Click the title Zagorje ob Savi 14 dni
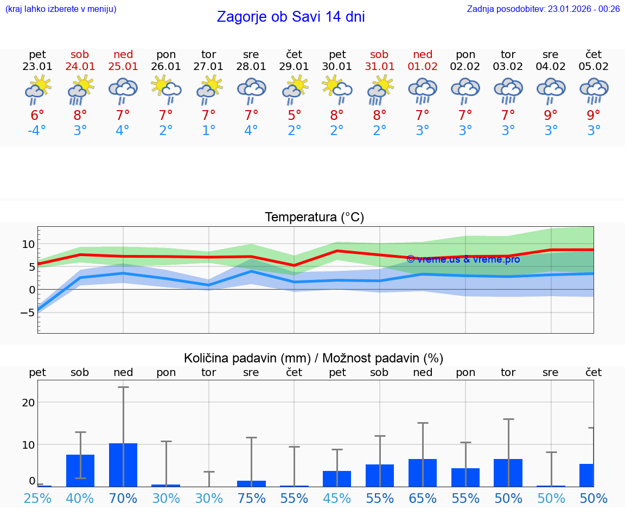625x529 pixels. (291, 17)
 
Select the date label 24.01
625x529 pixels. (80, 67)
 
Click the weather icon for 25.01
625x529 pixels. (123, 90)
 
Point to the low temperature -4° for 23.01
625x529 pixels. (37, 131)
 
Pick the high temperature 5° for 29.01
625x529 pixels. (295, 115)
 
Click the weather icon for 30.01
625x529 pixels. (337, 90)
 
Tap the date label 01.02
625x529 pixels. (423, 67)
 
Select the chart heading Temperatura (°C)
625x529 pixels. (314, 218)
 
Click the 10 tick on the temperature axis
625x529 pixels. (28, 244)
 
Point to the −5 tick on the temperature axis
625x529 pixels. (27, 313)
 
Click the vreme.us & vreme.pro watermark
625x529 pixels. (463, 259)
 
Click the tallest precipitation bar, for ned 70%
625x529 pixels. (123, 465)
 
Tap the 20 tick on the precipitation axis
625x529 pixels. (28, 402)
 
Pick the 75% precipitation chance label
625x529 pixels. (251, 498)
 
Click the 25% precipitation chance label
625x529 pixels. (37, 498)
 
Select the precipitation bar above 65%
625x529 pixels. (423, 473)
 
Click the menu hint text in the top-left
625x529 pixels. (60, 9)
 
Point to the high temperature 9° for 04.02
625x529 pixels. (551, 115)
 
